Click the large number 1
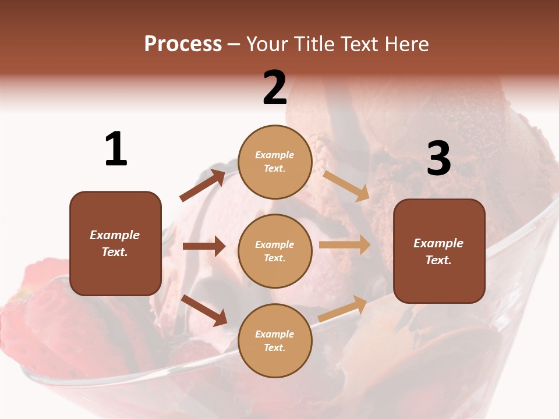[x=116, y=149]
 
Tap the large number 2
[x=275, y=88]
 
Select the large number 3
[x=438, y=158]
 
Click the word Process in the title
[x=183, y=44]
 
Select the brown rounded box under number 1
[x=115, y=243]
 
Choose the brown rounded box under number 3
[x=439, y=251]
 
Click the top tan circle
[x=275, y=162]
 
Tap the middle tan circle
[x=275, y=251]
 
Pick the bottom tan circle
[x=275, y=340]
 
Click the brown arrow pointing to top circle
[x=203, y=185]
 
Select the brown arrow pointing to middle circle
[x=204, y=246]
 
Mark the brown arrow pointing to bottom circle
[x=204, y=310]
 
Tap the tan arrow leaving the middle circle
[x=345, y=245]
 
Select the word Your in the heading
[x=267, y=44]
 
